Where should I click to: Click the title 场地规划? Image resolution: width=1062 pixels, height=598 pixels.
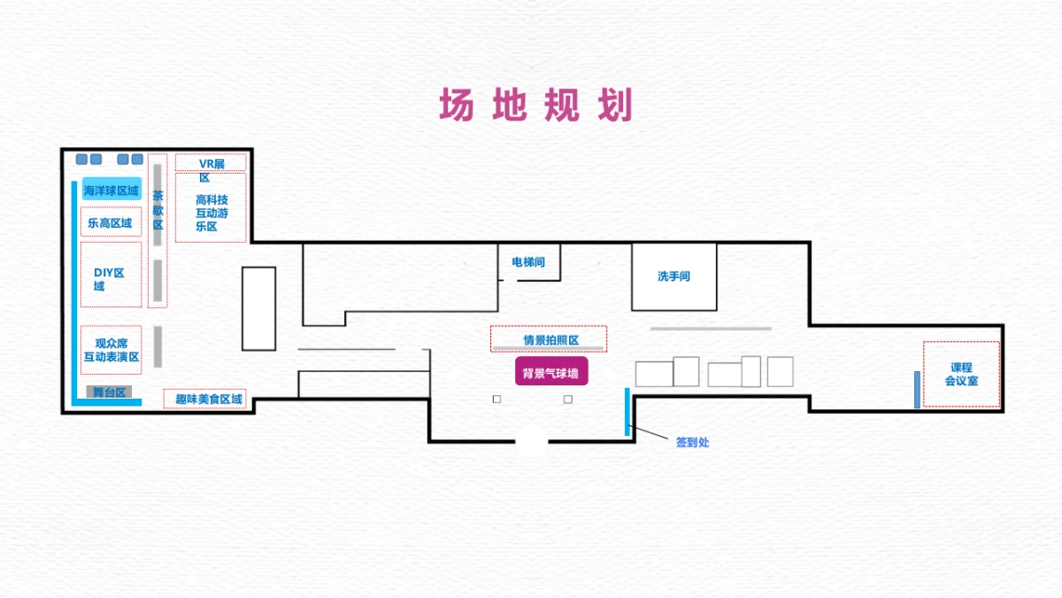pos(536,105)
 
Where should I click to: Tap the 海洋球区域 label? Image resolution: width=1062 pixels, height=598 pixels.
pos(112,190)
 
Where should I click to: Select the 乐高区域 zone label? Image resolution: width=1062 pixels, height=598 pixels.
pos(110,223)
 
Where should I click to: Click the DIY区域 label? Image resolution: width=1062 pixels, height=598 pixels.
pos(109,279)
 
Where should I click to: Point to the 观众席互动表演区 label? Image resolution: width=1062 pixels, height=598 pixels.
pos(112,350)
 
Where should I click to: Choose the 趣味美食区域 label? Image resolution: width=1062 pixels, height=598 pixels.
pos(208,400)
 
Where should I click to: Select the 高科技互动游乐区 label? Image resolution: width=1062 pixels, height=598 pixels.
pos(212,213)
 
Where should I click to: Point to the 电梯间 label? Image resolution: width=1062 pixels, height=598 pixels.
pos(528,262)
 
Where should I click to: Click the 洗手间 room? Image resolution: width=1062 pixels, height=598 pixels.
pos(673,276)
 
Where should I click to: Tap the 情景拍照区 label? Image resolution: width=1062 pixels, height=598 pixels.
pos(550,339)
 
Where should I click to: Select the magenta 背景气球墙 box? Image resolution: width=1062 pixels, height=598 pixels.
pos(550,373)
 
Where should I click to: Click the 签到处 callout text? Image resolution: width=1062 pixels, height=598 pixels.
pos(692,442)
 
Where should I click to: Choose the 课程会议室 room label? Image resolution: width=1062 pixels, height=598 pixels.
pos(961,374)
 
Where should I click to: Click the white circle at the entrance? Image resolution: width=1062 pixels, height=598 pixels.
pos(531,441)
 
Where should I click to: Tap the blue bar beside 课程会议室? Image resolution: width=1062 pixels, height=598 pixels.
pos(917,390)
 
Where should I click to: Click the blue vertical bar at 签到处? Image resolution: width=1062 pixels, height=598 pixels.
pos(627,411)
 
